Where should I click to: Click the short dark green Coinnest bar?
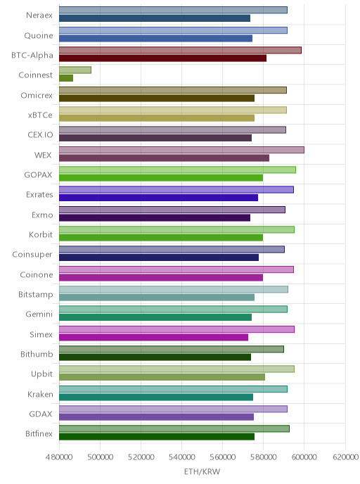(x=66, y=78)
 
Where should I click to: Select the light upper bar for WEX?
(x=181, y=150)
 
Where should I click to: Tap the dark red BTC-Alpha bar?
(x=163, y=58)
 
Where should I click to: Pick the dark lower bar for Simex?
(x=153, y=338)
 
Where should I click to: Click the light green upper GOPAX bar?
(x=177, y=170)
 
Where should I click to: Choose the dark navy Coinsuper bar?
(x=159, y=257)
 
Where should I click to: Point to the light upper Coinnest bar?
(x=75, y=70)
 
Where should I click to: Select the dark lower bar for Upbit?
(x=162, y=377)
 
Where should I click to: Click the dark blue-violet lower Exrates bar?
(x=159, y=198)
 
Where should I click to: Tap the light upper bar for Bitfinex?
(x=174, y=428)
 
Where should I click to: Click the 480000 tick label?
(x=59, y=457)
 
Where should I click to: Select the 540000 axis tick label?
(x=181, y=457)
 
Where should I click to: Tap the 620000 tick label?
(x=345, y=457)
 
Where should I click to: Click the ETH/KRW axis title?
(x=202, y=471)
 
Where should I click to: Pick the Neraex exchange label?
(x=39, y=15)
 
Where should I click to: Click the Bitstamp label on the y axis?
(x=35, y=295)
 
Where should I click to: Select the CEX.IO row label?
(x=40, y=135)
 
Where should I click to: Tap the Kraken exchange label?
(x=40, y=394)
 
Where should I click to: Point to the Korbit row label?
(x=41, y=234)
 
